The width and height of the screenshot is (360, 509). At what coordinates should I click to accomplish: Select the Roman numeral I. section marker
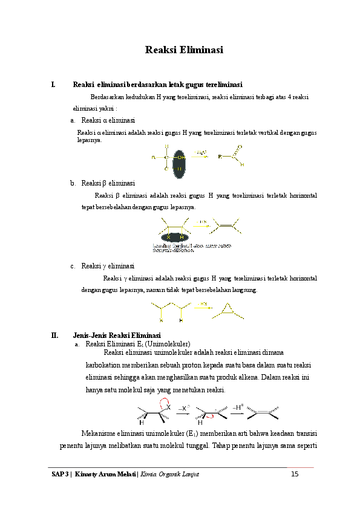click(x=54, y=85)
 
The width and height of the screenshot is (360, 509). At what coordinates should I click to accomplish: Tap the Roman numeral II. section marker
click(x=54, y=336)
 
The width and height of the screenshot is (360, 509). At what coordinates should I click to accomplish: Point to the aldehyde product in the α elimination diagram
click(x=232, y=156)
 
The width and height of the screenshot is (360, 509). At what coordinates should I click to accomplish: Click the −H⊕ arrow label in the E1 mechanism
click(x=238, y=409)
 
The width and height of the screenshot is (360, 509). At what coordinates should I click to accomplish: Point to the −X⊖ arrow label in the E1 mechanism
click(x=184, y=409)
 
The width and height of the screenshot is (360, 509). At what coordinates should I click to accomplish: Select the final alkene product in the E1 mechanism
click(x=265, y=413)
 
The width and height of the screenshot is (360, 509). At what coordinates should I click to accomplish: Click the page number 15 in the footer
click(x=295, y=474)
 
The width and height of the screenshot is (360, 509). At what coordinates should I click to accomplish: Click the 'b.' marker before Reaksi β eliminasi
click(x=73, y=183)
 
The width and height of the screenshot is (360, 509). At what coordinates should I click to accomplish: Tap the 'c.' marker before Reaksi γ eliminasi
click(x=73, y=266)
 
